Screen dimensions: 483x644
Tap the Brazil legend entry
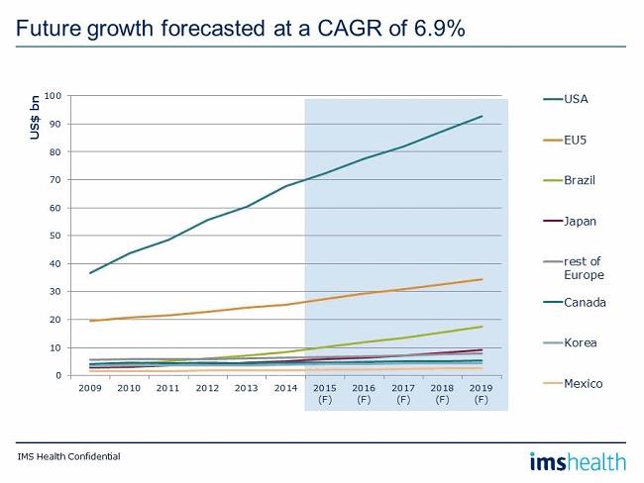click(579, 181)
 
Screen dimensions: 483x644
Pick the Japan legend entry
click(579, 222)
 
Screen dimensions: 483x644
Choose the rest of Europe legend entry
click(584, 267)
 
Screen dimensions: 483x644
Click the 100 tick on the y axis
click(54, 96)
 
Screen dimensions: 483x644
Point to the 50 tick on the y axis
click(56, 236)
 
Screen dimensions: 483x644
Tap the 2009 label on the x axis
click(90, 389)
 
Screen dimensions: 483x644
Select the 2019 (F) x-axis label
click(481, 394)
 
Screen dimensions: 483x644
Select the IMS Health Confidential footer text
click(68, 457)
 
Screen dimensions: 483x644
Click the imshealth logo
click(577, 460)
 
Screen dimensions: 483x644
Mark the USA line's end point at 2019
click(482, 116)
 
